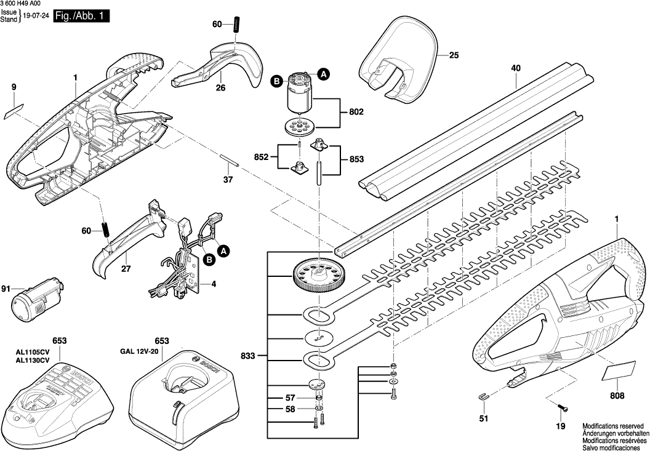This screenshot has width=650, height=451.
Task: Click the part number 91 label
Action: [6, 289]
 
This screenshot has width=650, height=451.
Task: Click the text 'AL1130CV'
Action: [32, 360]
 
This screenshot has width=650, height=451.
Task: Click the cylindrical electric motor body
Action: [298, 97]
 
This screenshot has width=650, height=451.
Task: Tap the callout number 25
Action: [454, 55]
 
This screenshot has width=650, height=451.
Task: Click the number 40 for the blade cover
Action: [516, 70]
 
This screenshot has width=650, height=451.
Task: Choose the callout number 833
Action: [248, 356]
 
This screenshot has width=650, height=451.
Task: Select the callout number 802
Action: [356, 113]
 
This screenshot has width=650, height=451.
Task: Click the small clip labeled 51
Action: [484, 397]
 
